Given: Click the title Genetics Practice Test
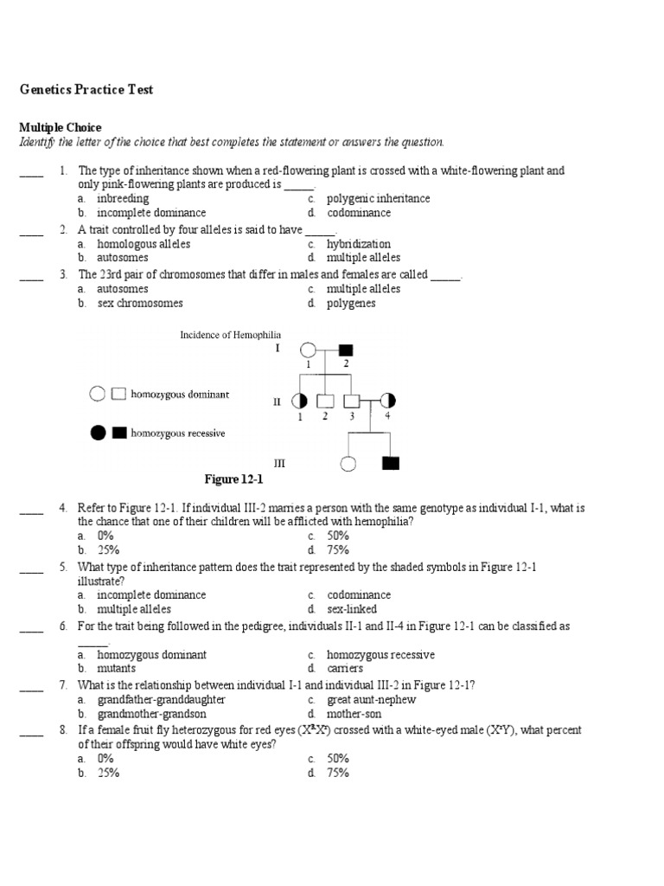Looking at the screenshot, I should click(86, 90).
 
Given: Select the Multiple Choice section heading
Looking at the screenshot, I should click(60, 127).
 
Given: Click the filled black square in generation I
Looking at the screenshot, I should click(346, 350).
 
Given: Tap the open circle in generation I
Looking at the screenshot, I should click(307, 350).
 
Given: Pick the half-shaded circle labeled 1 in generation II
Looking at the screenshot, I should click(300, 401).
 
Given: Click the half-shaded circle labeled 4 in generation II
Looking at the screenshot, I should click(387, 401).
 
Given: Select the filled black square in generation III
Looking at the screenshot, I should click(391, 463).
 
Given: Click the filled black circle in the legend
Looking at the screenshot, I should click(98, 433).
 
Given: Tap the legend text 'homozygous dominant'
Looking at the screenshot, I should click(180, 395).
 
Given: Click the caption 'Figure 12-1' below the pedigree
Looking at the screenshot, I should click(233, 479).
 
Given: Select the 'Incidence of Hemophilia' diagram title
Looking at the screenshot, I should click(230, 335).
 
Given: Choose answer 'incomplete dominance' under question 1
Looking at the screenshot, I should click(151, 213).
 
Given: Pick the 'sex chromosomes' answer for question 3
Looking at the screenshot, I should click(139, 304).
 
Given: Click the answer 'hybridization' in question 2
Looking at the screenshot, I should click(358, 244).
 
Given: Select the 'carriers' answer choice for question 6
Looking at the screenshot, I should click(345, 669).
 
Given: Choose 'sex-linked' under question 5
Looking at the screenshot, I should click(352, 609).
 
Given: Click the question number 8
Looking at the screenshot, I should click(63, 730).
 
